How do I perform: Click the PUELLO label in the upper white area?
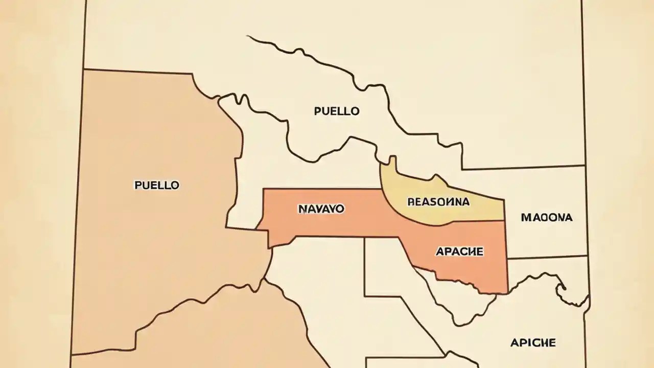pyautogui.click(x=337, y=111)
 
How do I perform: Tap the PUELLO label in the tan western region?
pyautogui.click(x=157, y=185)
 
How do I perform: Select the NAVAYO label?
pyautogui.click(x=320, y=209)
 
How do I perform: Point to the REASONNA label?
pyautogui.click(x=438, y=202)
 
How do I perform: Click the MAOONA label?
pyautogui.click(x=547, y=217)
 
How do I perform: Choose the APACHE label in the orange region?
pyautogui.click(x=459, y=251)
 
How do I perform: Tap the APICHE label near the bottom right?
pyautogui.click(x=533, y=342)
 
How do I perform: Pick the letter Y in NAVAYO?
pyautogui.click(x=330, y=209)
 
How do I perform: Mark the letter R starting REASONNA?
pyautogui.click(x=411, y=202)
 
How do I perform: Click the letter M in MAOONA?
pyautogui.click(x=526, y=217)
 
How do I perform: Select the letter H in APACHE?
pyautogui.click(x=471, y=251)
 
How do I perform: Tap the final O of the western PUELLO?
pyautogui.click(x=175, y=185)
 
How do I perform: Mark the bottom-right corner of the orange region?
pyautogui.click(x=506, y=292)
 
